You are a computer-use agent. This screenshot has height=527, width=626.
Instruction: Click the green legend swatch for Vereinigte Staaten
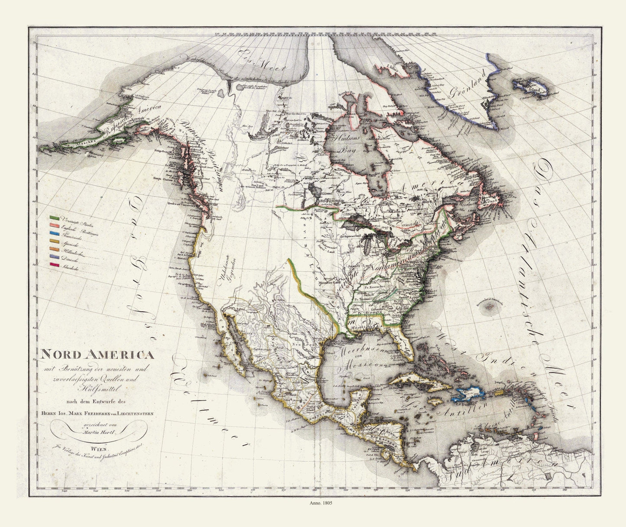pos(54,216)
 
